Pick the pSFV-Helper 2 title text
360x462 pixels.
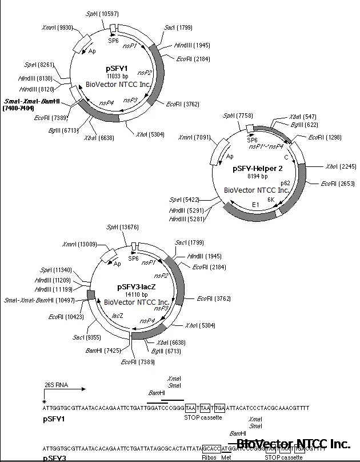(258, 169)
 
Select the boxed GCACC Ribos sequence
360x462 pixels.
(211, 449)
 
